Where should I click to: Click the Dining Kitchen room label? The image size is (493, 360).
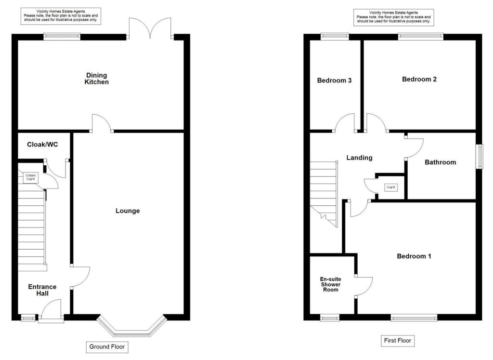(x=97, y=79)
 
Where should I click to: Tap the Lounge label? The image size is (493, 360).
(x=128, y=211)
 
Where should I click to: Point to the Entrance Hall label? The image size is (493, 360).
(x=42, y=290)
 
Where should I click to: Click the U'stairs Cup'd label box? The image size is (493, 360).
(x=30, y=178)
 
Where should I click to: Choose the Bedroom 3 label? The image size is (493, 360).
(x=334, y=80)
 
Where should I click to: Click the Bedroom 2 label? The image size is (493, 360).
(x=419, y=79)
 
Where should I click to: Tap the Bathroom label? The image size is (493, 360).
(x=440, y=162)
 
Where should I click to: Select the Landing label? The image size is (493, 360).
(x=359, y=158)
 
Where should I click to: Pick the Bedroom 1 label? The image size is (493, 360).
(x=414, y=256)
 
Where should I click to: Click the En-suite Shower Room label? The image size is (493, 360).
(x=330, y=284)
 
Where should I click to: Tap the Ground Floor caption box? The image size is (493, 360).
(x=108, y=347)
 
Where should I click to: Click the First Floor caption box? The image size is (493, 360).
(x=397, y=341)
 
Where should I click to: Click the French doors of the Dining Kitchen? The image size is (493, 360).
(x=151, y=28)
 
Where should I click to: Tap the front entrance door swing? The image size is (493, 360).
(x=51, y=308)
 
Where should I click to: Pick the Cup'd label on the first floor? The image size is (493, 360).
(x=390, y=187)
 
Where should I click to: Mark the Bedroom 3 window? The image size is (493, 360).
(x=335, y=35)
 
